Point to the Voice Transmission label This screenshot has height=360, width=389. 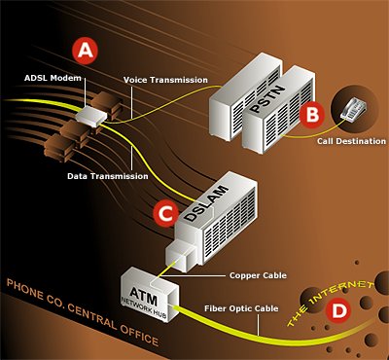pos(165,79)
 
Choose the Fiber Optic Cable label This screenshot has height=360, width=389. pos(243,309)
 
